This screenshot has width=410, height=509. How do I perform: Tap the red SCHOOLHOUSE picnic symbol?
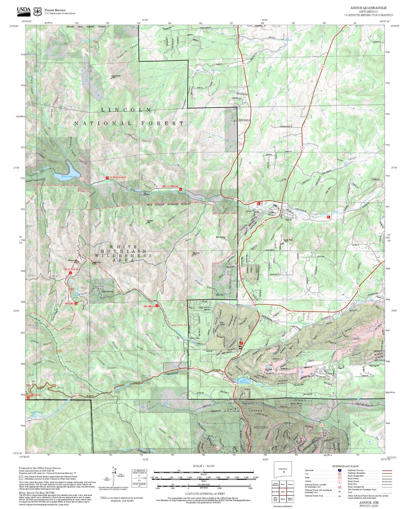pyautogui.click(x=107, y=178)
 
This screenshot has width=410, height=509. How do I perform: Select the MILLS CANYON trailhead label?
pyautogui.click(x=170, y=186)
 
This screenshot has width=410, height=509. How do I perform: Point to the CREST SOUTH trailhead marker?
pyautogui.click(x=71, y=273)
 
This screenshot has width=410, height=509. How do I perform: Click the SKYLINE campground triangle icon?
pyautogui.click(x=76, y=303)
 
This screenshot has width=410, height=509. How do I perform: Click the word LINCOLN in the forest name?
pyautogui.click(x=126, y=110)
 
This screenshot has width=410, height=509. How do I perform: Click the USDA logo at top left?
pyautogui.click(x=24, y=11)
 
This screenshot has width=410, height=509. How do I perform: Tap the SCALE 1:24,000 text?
pyautogui.click(x=204, y=466)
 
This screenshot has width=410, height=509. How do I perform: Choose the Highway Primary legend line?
pyautogui.click(x=386, y=470)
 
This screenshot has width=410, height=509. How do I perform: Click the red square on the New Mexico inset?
pyautogui.click(x=283, y=472)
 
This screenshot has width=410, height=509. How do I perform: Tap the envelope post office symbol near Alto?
pyautogui.click(x=240, y=347)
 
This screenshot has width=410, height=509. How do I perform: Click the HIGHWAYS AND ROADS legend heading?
pyautogui.click(x=345, y=466)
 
